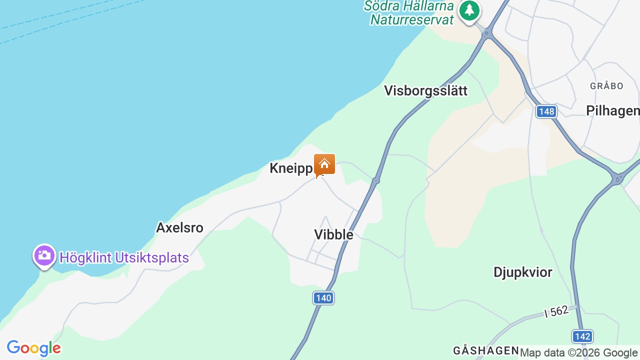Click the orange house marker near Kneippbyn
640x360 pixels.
click(324, 164)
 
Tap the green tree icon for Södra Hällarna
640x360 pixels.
click(469, 10)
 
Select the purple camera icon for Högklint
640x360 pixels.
click(44, 255)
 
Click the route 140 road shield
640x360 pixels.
click(323, 298)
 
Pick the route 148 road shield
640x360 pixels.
click(546, 111)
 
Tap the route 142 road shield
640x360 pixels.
click(582, 336)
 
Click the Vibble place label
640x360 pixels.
click(333, 234)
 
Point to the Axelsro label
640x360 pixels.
click(179, 228)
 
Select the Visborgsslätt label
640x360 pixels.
click(425, 90)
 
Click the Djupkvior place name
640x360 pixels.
click(522, 272)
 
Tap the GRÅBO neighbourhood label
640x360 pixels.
click(606, 86)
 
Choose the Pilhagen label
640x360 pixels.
click(612, 110)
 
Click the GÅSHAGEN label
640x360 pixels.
click(485, 350)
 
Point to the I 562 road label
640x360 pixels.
click(556, 312)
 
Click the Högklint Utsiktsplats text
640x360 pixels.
click(124, 258)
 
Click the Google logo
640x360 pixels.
click(33, 348)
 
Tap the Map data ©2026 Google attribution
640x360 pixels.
click(578, 353)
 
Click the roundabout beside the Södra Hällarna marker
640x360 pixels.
click(487, 33)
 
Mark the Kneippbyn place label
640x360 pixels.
click(292, 168)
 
